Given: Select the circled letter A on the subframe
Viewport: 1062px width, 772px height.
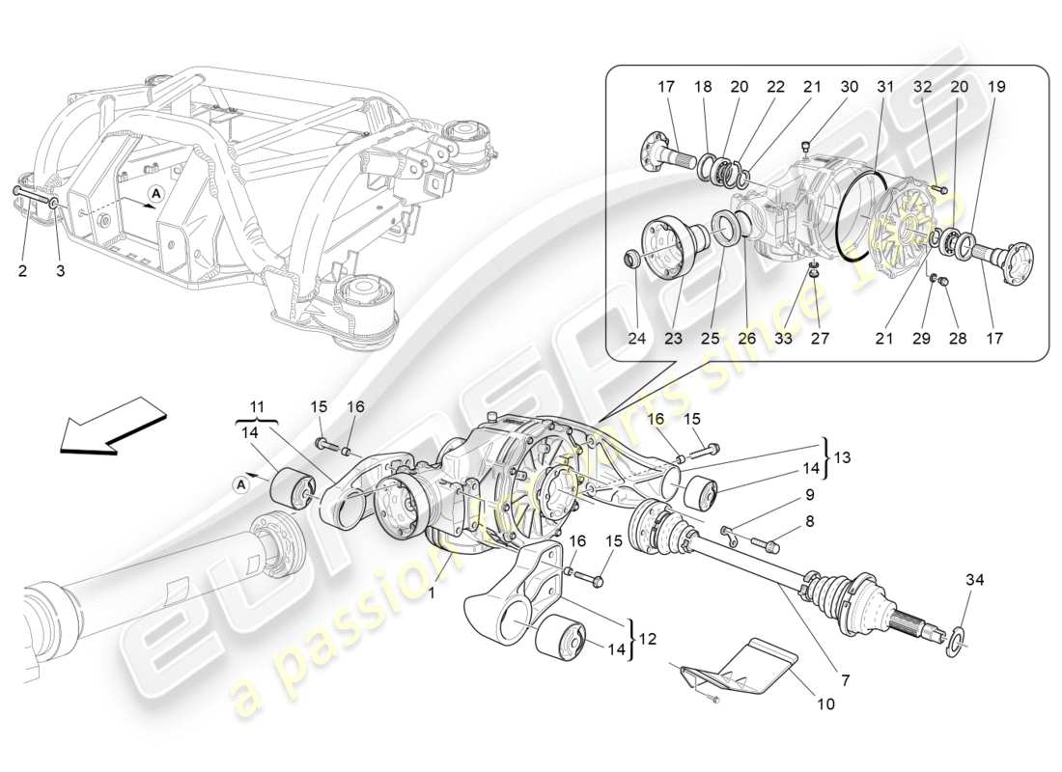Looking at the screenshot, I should click(155, 194).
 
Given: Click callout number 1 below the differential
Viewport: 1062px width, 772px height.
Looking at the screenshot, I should click(432, 593).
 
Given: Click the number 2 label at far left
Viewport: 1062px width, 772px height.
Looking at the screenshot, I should click(22, 271).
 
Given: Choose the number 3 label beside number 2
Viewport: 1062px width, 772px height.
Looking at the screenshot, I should click(60, 271).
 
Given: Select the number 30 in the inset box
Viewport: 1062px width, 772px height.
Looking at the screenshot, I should click(850, 87).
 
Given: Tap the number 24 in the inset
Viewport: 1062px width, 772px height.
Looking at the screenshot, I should click(636, 338).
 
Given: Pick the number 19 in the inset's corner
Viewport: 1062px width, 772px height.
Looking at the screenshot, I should click(996, 87).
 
